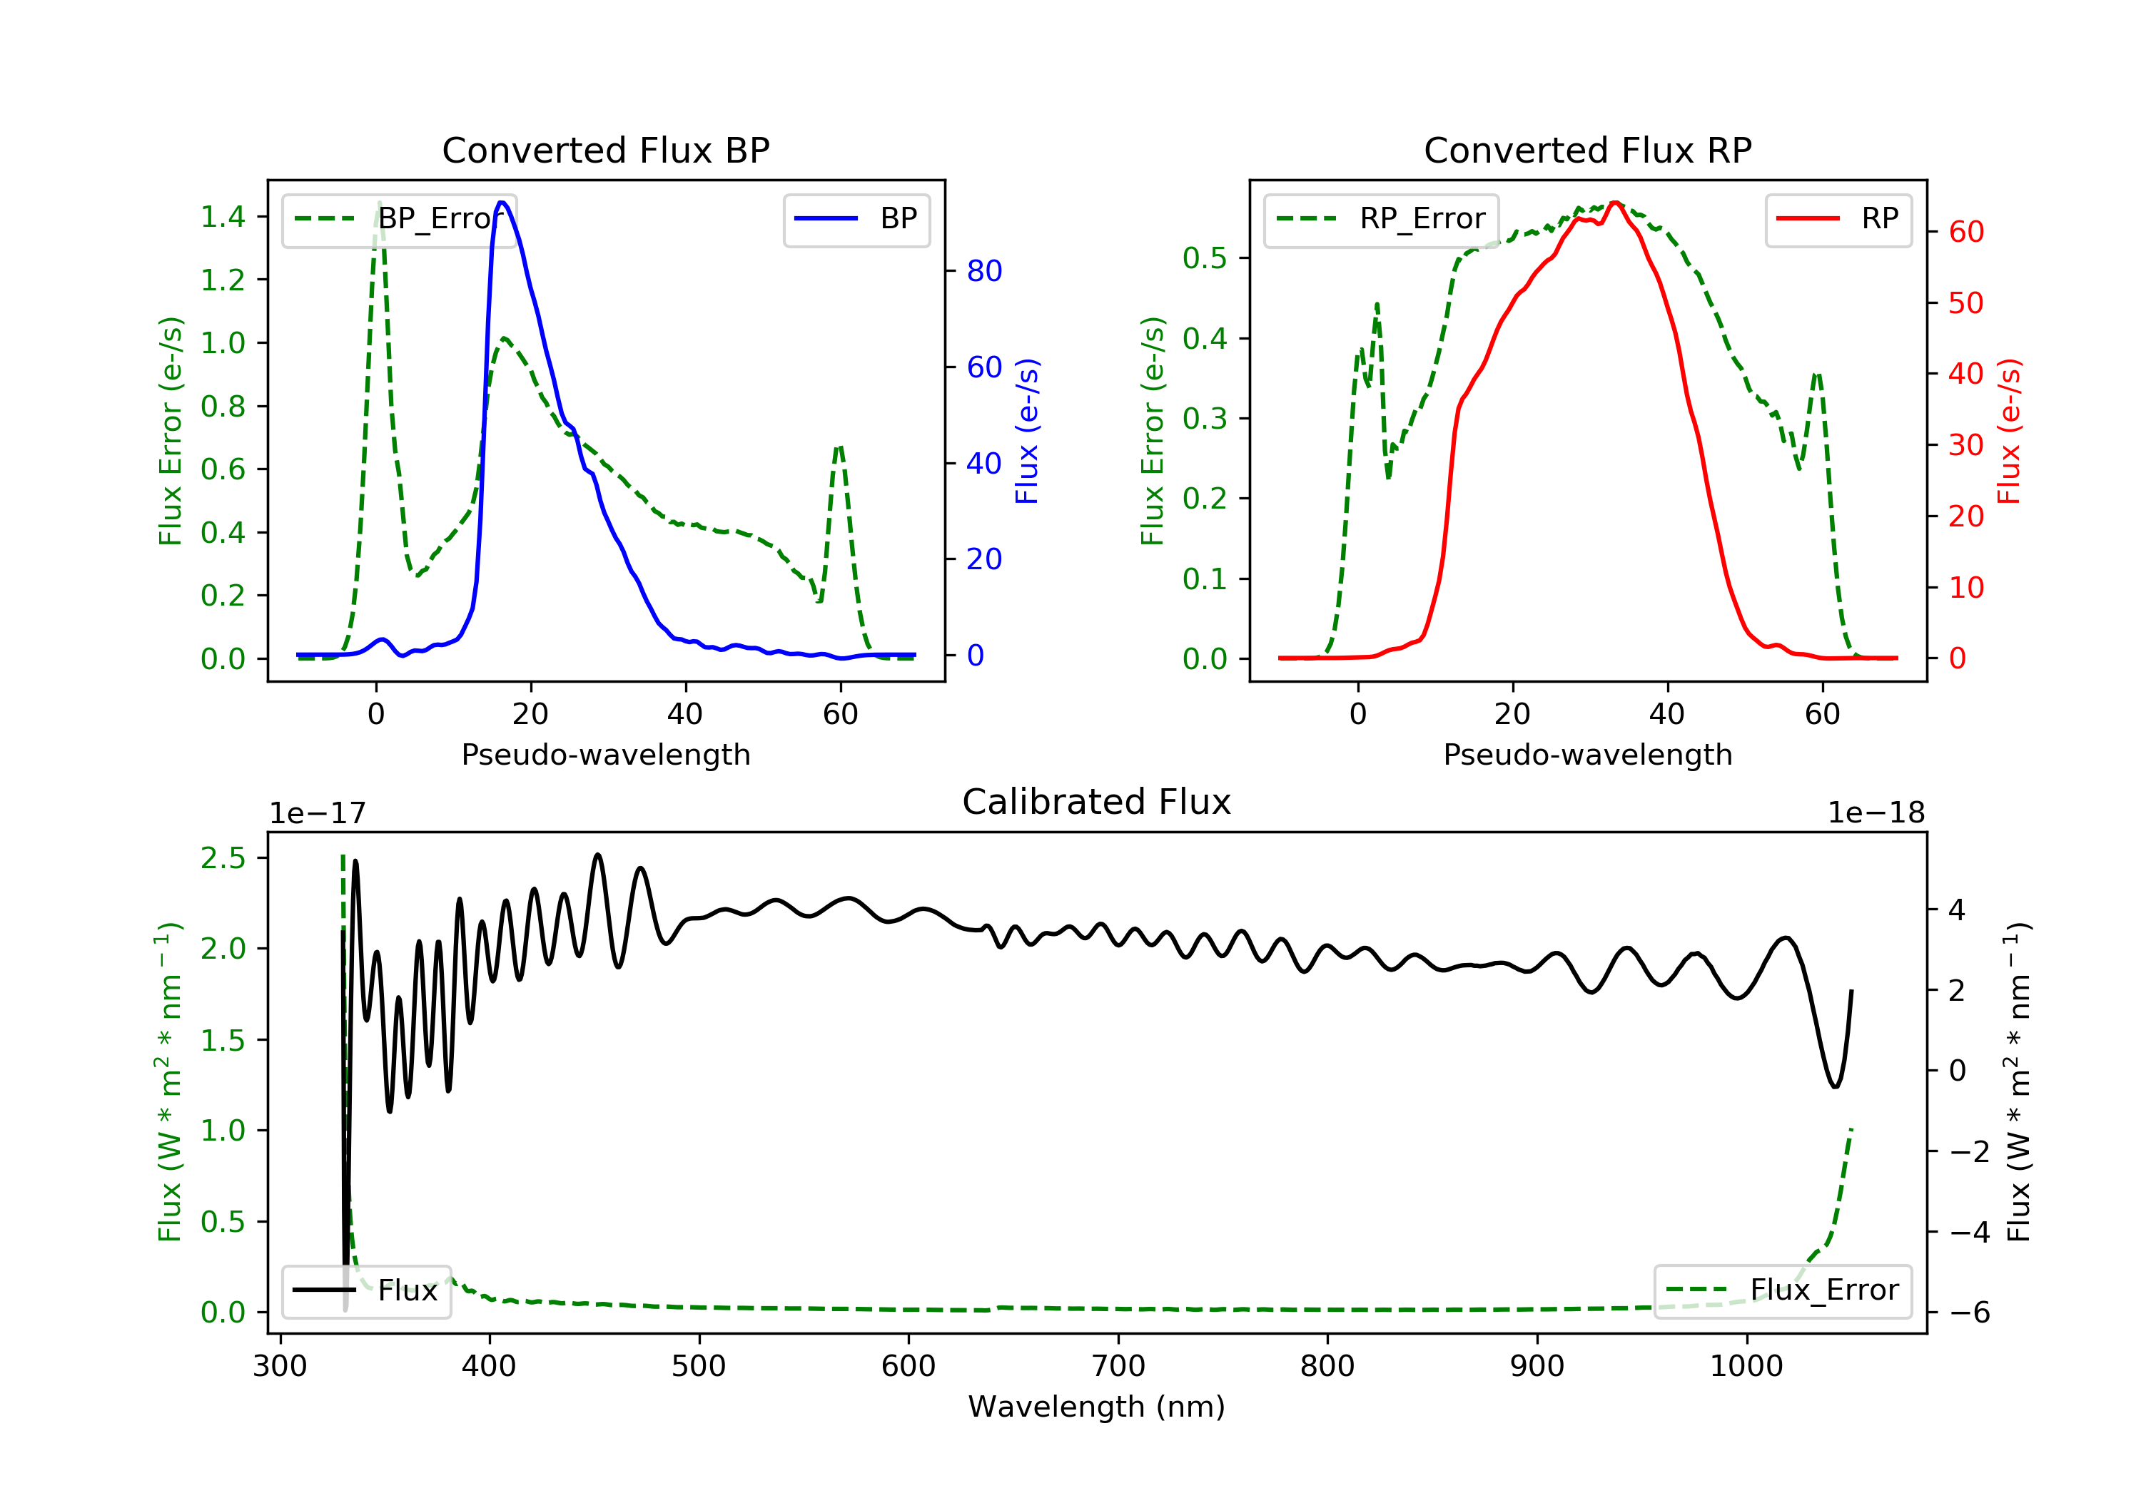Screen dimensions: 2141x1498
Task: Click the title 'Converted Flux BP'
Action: (x=605, y=150)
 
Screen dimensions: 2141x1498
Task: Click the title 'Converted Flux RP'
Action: (x=1587, y=150)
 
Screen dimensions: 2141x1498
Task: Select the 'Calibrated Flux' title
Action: (x=1097, y=802)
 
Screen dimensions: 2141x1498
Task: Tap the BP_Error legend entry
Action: (x=398, y=219)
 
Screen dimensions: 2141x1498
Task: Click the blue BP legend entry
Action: (x=856, y=219)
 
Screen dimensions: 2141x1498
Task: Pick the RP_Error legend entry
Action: (x=1380, y=219)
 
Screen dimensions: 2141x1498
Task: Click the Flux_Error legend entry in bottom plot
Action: (x=1782, y=1290)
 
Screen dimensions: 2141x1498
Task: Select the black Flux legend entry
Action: (x=365, y=1290)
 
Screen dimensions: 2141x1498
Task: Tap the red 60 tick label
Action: (x=1967, y=232)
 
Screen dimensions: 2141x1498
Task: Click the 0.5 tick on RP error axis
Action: (x=1205, y=258)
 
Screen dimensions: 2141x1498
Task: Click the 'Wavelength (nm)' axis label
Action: (x=1097, y=1407)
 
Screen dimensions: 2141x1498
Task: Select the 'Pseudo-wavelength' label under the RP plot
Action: (x=1587, y=754)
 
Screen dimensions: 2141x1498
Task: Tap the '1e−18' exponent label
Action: (x=1876, y=813)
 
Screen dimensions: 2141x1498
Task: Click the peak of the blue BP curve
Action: (x=502, y=203)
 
